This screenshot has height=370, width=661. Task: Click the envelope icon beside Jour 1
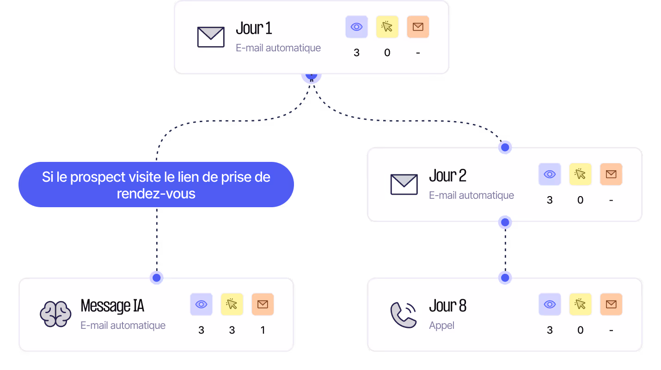coord(211,37)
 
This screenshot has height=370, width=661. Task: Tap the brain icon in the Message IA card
coord(55,314)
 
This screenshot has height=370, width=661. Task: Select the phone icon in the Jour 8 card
coord(403,315)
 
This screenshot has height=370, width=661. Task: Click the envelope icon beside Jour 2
coord(404,184)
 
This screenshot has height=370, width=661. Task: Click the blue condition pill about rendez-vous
coord(156,185)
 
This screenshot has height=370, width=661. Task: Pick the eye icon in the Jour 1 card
coord(356,27)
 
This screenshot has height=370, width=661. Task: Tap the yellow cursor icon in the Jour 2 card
coord(580,174)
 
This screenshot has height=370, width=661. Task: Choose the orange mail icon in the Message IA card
coord(263,304)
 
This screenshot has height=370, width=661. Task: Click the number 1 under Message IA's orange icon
coord(263,330)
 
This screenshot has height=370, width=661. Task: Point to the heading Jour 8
coord(447,306)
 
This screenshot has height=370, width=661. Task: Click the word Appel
coord(441,326)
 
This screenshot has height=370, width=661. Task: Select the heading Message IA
coord(112,306)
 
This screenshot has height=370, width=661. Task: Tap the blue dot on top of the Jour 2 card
coord(505,147)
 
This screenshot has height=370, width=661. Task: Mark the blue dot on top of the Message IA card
coord(157,277)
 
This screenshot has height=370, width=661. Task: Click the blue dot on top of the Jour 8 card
coord(505,277)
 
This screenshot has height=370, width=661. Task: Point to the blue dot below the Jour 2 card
coord(505,222)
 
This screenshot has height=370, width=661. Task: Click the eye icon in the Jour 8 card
coord(550,304)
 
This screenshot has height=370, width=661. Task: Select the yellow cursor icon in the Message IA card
coord(232,304)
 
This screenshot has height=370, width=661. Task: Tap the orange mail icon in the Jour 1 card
coord(418,27)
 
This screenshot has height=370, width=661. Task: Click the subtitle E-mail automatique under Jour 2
coord(471,195)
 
